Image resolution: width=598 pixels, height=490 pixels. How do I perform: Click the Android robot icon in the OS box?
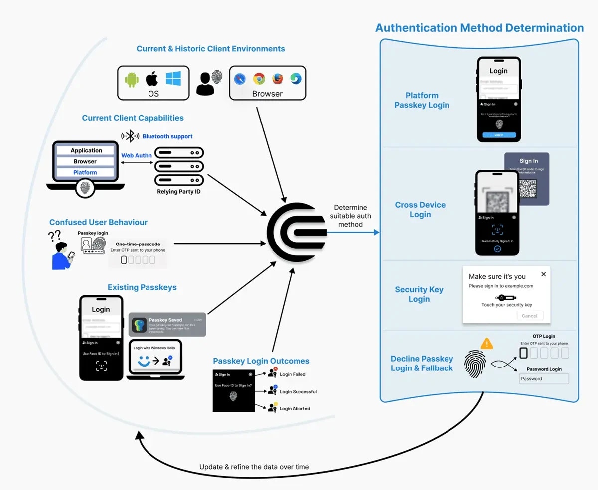(132, 79)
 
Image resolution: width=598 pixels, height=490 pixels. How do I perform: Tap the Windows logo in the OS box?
(173, 78)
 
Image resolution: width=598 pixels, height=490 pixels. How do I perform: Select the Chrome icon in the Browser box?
(259, 79)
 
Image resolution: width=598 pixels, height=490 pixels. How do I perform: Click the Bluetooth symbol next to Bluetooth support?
(131, 136)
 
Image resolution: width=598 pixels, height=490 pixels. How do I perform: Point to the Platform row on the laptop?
(85, 172)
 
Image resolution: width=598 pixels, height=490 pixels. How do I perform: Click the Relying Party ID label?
(179, 192)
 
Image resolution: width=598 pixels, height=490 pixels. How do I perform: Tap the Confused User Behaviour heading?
(98, 222)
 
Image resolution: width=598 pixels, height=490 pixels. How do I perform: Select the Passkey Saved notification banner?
(167, 324)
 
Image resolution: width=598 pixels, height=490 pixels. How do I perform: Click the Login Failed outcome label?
(293, 374)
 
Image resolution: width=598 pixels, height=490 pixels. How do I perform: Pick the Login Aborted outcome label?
(295, 408)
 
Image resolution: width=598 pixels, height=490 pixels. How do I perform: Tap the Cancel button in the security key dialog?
(529, 316)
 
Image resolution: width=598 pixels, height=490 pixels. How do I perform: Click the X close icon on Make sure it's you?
(543, 274)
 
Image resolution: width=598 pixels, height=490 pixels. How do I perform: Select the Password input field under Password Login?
(544, 378)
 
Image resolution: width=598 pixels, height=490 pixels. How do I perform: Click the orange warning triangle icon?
(487, 343)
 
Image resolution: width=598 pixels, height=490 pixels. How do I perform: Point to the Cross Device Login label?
(420, 210)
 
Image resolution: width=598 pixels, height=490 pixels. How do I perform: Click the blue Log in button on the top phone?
(499, 135)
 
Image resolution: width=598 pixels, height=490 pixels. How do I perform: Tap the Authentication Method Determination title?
(479, 28)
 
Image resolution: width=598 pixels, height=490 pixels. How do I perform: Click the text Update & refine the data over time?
(254, 467)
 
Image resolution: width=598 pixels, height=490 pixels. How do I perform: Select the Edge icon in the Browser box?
(296, 79)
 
